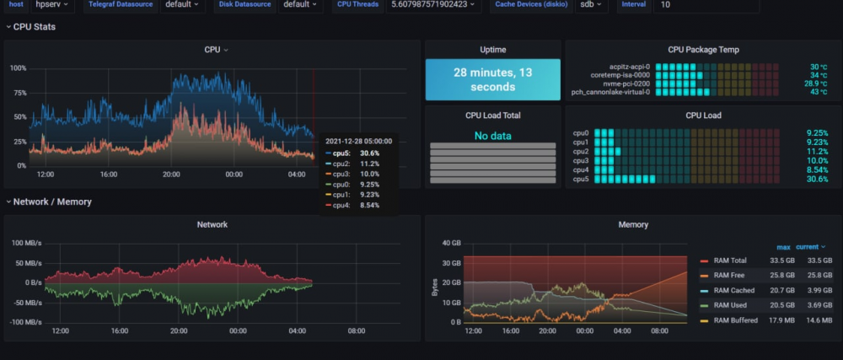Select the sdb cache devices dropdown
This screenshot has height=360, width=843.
(591, 4)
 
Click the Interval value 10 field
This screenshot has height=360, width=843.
(706, 4)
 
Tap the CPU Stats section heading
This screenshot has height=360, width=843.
(35, 27)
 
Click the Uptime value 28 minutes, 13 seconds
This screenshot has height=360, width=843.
(492, 79)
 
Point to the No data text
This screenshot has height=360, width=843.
(492, 136)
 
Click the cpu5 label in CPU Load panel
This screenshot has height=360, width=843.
(581, 179)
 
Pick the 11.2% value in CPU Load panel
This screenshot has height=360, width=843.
(817, 152)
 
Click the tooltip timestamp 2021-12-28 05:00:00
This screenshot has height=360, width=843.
(358, 142)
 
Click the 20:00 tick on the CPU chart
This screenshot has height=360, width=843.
(171, 175)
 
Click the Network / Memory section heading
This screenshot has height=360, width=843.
(52, 202)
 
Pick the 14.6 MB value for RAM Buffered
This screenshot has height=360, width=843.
(814, 320)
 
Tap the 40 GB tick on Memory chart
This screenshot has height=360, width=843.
(452, 243)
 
